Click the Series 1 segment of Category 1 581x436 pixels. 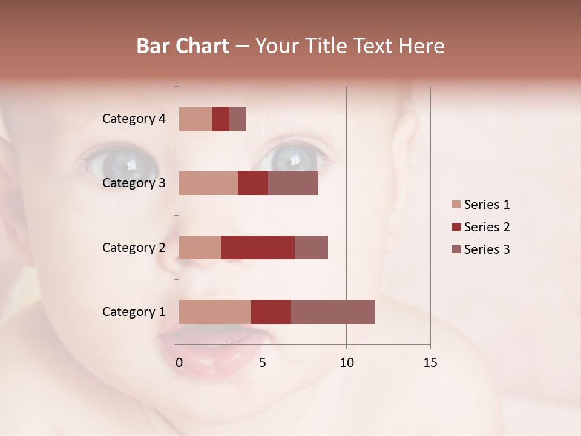[215, 311]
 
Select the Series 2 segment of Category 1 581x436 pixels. [271, 311]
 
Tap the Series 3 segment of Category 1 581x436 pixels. [333, 311]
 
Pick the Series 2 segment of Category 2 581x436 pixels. [258, 247]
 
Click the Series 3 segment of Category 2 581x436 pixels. [311, 247]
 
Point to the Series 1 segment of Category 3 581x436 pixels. [208, 183]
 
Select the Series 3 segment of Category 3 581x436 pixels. [293, 183]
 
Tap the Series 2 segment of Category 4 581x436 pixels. [221, 119]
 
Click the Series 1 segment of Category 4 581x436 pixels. [195, 119]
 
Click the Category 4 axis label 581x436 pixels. [134, 119]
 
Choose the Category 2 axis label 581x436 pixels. [134, 247]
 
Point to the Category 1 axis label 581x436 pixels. [134, 312]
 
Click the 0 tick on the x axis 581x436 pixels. [179, 363]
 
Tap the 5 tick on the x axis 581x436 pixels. [263, 363]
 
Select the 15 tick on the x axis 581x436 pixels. [430, 363]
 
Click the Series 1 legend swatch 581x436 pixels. [456, 205]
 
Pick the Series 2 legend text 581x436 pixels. [487, 227]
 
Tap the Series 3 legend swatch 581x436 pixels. [456, 249]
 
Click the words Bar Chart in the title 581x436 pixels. [183, 46]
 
